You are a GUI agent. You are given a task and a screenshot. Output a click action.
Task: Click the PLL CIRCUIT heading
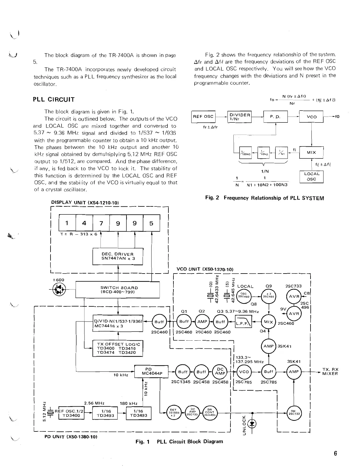click(x=54, y=99)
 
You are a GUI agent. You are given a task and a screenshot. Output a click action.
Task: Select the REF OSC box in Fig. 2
click(x=204, y=117)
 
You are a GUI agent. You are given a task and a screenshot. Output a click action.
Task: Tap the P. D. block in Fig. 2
click(x=275, y=117)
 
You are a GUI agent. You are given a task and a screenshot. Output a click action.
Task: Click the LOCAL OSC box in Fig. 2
click(x=311, y=177)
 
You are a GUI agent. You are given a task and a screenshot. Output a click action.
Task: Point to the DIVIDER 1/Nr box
click(x=240, y=117)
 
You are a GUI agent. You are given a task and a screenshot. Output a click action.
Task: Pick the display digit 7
click(x=101, y=223)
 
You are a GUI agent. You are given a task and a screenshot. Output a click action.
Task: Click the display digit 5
click(x=151, y=223)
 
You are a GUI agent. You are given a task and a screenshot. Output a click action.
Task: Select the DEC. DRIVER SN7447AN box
click(x=118, y=256)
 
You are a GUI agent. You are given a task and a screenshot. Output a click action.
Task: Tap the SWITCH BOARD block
click(x=118, y=290)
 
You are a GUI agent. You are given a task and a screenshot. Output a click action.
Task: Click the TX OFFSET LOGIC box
click(x=118, y=348)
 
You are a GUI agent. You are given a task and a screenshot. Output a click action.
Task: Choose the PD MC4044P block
click(x=151, y=371)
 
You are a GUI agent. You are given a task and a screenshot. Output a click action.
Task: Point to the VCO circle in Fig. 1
click(x=244, y=372)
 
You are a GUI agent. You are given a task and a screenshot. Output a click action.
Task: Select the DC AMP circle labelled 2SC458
click(x=220, y=372)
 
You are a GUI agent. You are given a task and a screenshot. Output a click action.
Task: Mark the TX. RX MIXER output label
click(x=330, y=371)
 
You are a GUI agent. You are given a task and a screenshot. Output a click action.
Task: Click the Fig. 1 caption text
click(x=179, y=441)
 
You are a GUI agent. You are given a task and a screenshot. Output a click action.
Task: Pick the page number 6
click(x=335, y=454)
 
